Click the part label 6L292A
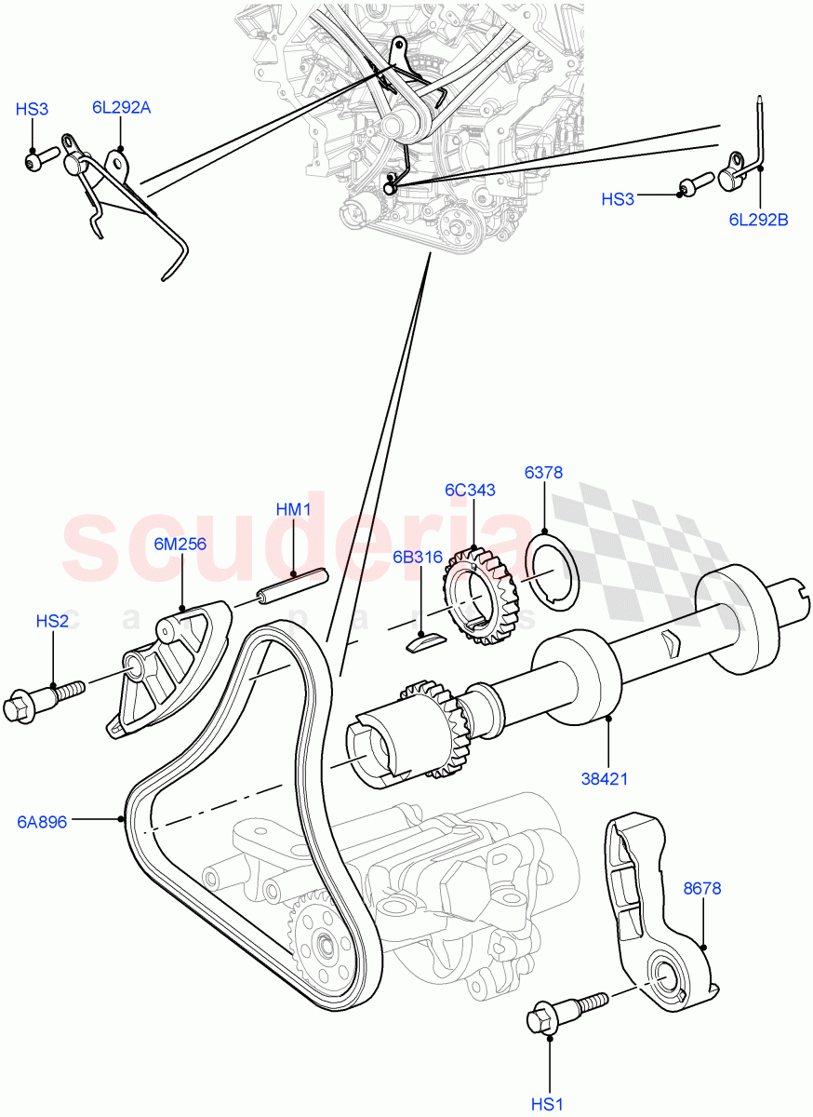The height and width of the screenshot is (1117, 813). [x=121, y=107]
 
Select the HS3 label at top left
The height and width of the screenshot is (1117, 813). [x=32, y=109]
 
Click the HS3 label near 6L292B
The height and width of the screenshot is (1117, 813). [x=618, y=199]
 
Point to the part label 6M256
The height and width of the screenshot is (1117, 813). [x=180, y=545]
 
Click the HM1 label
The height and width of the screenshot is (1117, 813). [x=293, y=510]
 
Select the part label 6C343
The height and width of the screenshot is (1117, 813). [x=470, y=490]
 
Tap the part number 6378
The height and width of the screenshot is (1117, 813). [x=543, y=473]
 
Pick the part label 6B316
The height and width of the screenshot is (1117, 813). [x=417, y=558]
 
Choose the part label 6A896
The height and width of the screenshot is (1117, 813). [x=41, y=822]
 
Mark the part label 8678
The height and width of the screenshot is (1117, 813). [x=702, y=889]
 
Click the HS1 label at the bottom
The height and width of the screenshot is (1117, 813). [x=549, y=1104]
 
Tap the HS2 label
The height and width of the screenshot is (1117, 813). [x=52, y=621]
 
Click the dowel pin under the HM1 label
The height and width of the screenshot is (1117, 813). [x=292, y=590]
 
